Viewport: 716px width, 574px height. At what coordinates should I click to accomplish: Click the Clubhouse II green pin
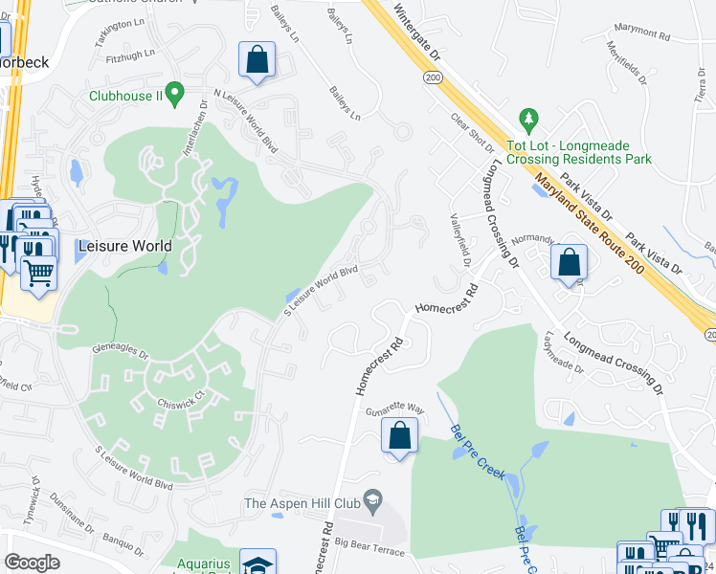coord(174,94)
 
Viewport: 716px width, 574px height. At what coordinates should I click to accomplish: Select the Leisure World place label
coord(126,246)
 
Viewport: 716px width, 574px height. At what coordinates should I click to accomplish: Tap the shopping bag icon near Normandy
coord(569,261)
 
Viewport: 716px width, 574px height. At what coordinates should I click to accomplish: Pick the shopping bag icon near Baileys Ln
coord(257,59)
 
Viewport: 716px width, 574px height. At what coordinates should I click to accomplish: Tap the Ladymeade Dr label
coord(562,352)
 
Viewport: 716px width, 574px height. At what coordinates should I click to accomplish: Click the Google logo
coord(32,563)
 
